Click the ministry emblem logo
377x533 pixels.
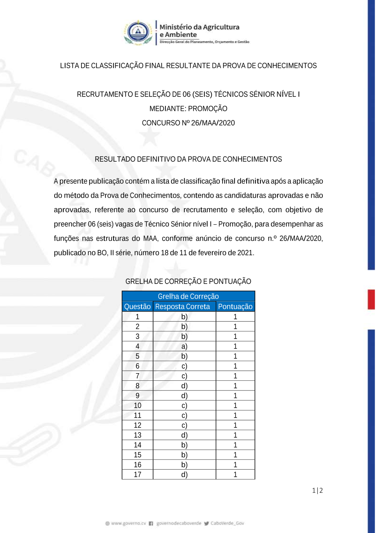point(138,32)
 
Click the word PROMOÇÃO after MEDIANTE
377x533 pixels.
point(208,109)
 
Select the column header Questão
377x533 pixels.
point(137,306)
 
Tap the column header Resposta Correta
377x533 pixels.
point(182,306)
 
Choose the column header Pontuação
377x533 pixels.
point(235,306)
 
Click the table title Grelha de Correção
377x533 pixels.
point(188,296)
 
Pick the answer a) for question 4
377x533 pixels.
point(184,346)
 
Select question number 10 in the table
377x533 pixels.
point(138,405)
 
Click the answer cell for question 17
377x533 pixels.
point(184,475)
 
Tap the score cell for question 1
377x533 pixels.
point(235,317)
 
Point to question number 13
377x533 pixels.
point(138,435)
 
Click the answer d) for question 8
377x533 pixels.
point(184,386)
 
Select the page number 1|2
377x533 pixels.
point(317,490)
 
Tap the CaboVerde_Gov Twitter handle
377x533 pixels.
point(227,523)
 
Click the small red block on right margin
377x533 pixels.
point(371,300)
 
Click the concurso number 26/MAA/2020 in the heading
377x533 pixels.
point(213,123)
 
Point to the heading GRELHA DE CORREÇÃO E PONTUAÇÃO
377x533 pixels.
point(188,281)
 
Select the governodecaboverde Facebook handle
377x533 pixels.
point(178,523)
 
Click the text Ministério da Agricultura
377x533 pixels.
point(199,27)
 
